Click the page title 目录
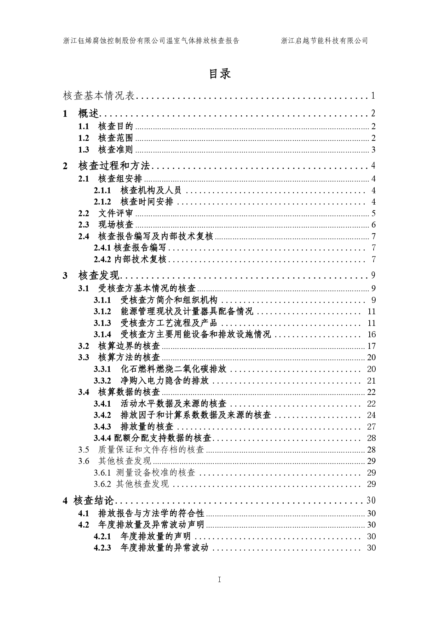pos(220,74)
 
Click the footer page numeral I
pos(219,580)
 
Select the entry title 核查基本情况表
pos(99,95)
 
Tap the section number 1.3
pos(83,150)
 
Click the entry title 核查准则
pos(116,150)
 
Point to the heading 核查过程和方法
pos(114,166)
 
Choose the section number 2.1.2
pos(102,202)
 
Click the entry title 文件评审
pos(116,213)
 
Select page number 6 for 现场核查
pos(374,225)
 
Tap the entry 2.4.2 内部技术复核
pos(130,259)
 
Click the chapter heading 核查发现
pos(99,275)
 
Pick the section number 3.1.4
pos(102,334)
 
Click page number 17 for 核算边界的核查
pos(371,346)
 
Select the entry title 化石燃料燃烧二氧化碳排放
pos(173,369)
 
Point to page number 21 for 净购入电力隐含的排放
pos(371,381)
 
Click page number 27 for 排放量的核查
pos(371,427)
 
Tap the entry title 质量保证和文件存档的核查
pos(151,450)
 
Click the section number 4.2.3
pos(102,548)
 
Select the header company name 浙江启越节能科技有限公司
pos(324,41)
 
